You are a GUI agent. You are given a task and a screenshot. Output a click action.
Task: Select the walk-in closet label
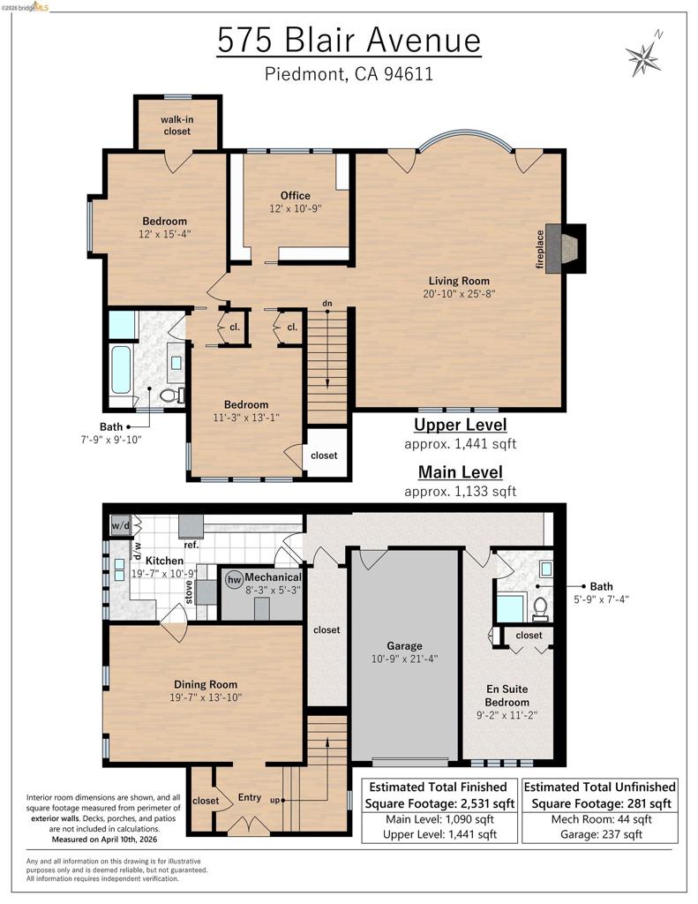pos(177,125)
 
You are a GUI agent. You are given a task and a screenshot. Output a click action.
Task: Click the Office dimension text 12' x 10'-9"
pos(295,208)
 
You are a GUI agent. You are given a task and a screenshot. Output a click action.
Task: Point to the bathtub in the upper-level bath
pos(121,369)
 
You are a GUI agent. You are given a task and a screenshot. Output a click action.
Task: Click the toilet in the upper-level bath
pos(170,395)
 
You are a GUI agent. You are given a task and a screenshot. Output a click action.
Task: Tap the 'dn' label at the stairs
pos(326,304)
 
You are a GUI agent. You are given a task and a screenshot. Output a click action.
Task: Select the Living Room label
pos(459,281)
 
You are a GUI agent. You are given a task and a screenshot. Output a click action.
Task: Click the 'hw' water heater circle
pos(234,579)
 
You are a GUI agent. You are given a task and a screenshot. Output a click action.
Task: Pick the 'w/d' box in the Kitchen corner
pos(121,526)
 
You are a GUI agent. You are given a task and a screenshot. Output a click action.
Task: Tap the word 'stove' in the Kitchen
pos(189,592)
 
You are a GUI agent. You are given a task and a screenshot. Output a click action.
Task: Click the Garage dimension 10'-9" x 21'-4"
pos(405,659)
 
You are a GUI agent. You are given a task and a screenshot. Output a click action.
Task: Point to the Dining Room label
pos(206,684)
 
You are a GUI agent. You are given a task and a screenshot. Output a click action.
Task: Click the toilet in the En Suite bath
pos(540,609)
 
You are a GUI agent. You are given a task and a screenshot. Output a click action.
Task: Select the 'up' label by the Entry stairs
pos(275,800)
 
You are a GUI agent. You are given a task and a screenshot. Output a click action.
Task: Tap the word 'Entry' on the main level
pos(250,797)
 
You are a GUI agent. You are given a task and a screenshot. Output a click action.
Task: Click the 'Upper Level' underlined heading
pos(461,425)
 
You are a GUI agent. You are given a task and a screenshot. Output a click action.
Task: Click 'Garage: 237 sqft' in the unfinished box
pos(601,834)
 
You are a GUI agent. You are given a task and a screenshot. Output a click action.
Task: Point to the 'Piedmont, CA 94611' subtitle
pos(349,74)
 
